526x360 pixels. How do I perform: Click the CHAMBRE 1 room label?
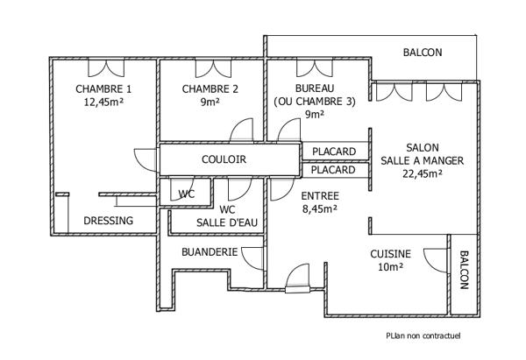(103, 89)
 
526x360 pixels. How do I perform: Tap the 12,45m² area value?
(103, 102)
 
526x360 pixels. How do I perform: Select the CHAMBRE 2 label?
(210, 89)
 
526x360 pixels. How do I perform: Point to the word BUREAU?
(315, 89)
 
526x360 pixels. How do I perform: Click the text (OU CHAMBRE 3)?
(315, 102)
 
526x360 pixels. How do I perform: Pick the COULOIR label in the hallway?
(224, 160)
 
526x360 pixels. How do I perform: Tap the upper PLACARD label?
(334, 152)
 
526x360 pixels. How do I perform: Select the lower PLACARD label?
(334, 170)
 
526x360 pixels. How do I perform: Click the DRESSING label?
(108, 221)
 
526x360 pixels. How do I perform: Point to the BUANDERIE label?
(210, 252)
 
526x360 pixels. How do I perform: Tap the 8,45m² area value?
(319, 209)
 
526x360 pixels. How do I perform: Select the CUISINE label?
(390, 254)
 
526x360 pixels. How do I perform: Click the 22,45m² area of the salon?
(423, 173)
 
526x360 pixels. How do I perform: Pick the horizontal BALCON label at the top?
(423, 53)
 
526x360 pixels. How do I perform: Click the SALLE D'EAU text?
(227, 222)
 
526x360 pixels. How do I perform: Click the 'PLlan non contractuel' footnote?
(423, 335)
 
